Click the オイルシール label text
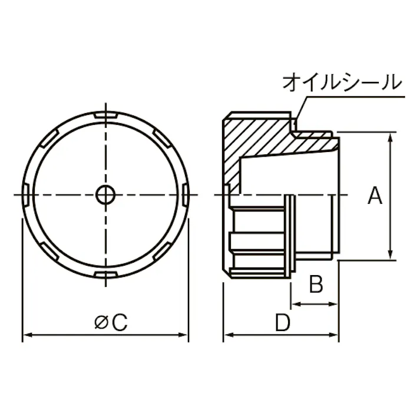pos(341,82)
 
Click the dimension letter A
pos(375,196)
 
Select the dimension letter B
pos(316,285)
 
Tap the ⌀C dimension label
pos(111,322)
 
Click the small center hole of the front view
pos(106,194)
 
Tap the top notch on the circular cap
pos(106,114)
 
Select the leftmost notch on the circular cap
pos(26,194)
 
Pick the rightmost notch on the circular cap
pos(186,194)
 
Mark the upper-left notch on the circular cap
pos(49,137)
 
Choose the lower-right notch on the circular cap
pos(163,251)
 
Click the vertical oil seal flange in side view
pos(290,236)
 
